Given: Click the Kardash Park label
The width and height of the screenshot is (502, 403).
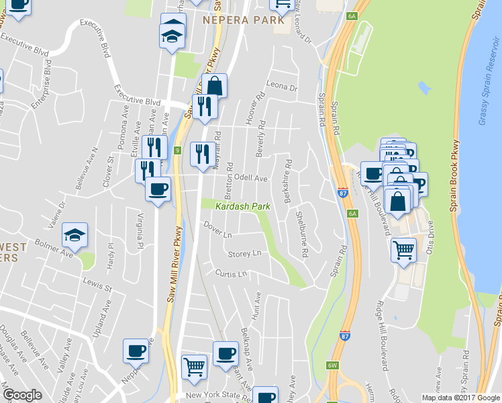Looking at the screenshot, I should tap(242, 206).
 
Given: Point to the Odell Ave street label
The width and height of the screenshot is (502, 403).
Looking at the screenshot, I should tap(251, 179).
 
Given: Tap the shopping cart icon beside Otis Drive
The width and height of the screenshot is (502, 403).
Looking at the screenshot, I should tap(403, 251).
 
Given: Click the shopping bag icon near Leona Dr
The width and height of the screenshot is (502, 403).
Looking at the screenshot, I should tap(214, 86).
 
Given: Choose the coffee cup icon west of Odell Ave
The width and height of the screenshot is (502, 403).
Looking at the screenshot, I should tap(158, 189).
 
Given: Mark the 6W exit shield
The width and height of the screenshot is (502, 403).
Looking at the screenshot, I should tap(332, 365).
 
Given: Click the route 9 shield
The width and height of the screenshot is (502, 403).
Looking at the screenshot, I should tap(177, 150).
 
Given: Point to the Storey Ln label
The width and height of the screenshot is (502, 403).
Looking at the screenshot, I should tap(244, 254).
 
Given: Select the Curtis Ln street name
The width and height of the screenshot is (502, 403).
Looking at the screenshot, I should tap(232, 274).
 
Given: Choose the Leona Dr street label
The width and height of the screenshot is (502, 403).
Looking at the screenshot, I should tap(281, 87).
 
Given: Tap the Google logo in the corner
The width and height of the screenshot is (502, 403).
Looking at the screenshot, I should tap(22, 395).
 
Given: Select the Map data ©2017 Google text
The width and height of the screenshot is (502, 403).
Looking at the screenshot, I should tap(460, 398).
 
